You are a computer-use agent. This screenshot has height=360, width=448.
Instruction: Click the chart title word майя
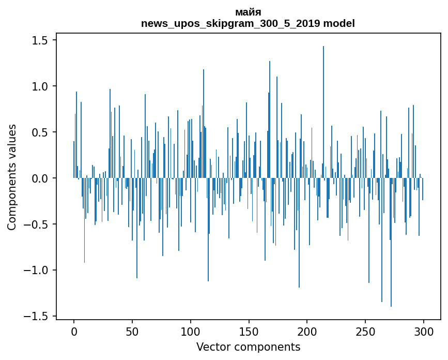248,12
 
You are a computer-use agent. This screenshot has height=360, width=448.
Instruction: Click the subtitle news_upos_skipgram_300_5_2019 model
248,23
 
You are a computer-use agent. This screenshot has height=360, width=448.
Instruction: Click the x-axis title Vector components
248,347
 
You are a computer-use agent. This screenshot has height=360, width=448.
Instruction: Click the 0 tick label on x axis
74,332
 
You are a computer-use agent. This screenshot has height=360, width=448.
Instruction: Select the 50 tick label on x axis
132,332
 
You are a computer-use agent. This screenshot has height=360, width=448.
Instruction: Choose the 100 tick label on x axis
191,332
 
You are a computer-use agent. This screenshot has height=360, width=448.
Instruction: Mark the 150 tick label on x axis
249,332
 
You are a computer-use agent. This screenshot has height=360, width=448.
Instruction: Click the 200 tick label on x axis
307,332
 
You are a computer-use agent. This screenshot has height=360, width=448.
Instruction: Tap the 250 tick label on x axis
366,332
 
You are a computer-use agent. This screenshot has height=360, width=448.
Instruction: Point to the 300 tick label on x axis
424,332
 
